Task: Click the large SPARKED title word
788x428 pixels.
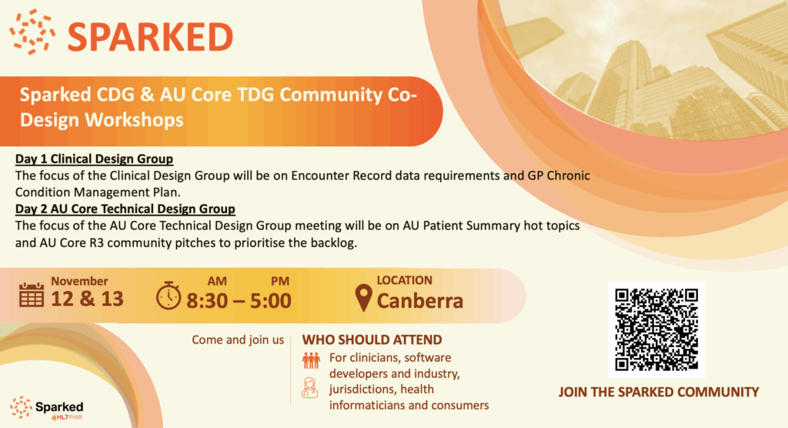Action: [x=150, y=37]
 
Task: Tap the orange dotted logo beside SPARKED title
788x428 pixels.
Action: [x=32, y=32]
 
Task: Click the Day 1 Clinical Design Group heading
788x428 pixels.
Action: [x=94, y=159]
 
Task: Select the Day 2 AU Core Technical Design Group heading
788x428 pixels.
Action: [x=125, y=209]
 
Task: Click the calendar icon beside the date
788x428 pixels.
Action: [x=31, y=295]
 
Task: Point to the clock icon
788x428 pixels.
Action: [x=169, y=296]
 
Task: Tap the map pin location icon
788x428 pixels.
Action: [x=363, y=297]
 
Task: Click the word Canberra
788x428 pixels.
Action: [x=420, y=301]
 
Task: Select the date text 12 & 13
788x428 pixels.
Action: [x=87, y=299]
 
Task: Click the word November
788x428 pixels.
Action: [x=79, y=281]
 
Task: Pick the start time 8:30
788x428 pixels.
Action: [x=207, y=301]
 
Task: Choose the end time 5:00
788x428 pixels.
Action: [x=271, y=301]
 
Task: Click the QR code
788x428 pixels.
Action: [x=656, y=330]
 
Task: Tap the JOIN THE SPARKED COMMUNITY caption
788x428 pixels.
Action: [x=659, y=393]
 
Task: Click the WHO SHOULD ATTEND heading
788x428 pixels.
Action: [x=372, y=340]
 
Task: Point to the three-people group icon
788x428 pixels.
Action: [x=311, y=360]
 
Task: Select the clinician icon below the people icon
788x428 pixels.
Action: [x=310, y=388]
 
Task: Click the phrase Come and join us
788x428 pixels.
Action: [x=238, y=340]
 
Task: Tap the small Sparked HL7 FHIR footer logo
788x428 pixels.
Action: [x=47, y=408]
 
